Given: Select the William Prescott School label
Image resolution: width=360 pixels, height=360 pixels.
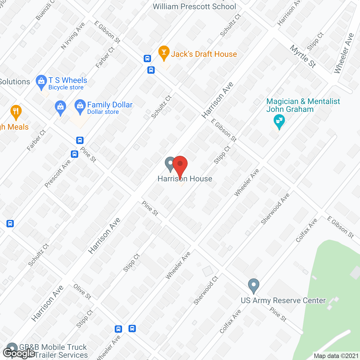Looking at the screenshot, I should click(x=194, y=6).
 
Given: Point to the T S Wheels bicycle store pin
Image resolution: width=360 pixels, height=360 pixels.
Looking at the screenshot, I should click(x=41, y=82).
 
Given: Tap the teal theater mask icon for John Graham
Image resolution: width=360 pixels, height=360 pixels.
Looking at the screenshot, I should click(x=279, y=121).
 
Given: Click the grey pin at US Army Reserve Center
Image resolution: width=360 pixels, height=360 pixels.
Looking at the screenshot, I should click(x=253, y=286).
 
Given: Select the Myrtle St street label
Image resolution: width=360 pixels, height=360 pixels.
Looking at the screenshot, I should click(x=303, y=56).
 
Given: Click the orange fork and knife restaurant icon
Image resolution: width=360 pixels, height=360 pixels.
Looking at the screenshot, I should click(x=16, y=112).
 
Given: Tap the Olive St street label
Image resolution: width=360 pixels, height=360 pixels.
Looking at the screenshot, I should click(x=82, y=292).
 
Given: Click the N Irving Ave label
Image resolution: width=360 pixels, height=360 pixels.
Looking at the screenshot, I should click(x=73, y=36).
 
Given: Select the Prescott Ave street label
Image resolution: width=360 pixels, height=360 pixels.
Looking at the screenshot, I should click(x=58, y=174).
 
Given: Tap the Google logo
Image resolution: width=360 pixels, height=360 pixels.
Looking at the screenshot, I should click(x=19, y=353).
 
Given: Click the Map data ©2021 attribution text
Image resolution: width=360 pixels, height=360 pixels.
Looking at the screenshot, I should click(x=336, y=356).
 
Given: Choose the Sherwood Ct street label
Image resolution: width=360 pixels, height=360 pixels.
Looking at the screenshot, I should click(x=206, y=291).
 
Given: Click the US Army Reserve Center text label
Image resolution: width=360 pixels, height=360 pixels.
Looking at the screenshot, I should click(x=283, y=300).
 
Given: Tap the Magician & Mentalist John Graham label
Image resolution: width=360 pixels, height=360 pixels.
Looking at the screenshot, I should click(x=303, y=105).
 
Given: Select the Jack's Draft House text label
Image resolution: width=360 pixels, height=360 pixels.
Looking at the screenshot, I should click(x=204, y=54).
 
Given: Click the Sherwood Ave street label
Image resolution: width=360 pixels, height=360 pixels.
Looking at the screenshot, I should click(x=275, y=209).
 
